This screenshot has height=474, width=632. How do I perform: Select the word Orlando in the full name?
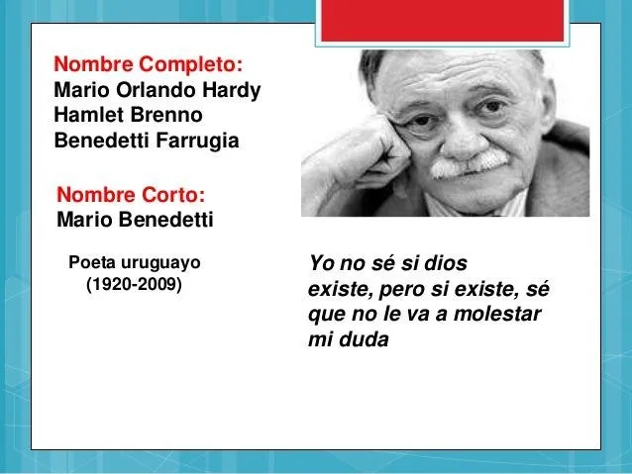147,91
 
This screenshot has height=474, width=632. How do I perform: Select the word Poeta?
90,263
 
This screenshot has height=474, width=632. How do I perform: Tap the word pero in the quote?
396,290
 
